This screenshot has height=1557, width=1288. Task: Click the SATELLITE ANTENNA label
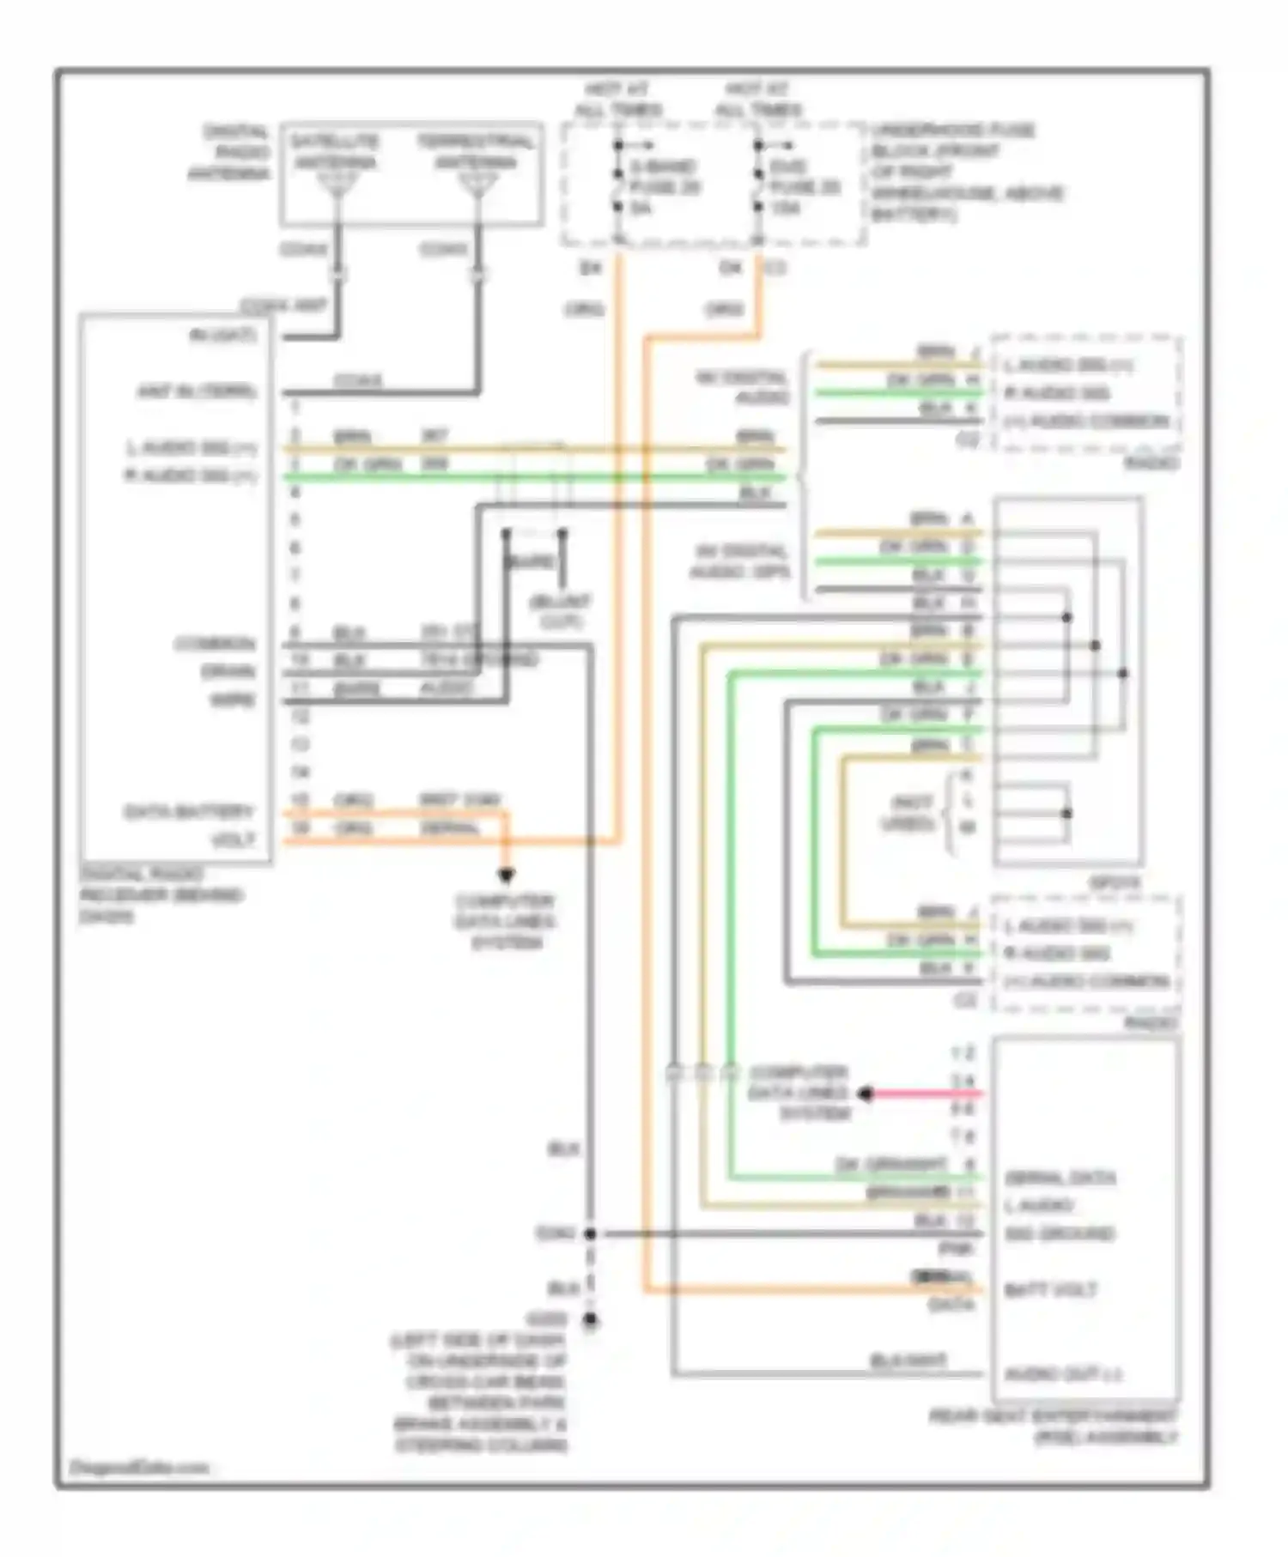tap(333, 152)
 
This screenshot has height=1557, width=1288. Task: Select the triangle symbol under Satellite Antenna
tap(337, 183)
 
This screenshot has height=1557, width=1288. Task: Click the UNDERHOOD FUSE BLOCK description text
tap(965, 172)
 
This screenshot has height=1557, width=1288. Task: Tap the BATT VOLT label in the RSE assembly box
tap(1050, 1290)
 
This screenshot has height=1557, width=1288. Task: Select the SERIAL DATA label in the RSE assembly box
tap(1060, 1178)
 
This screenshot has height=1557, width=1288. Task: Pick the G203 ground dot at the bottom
tap(590, 1320)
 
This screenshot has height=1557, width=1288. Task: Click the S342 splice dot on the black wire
tap(590, 1234)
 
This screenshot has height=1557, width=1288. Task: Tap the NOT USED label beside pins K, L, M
tap(911, 813)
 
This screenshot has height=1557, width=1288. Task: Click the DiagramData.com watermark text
tap(138, 1467)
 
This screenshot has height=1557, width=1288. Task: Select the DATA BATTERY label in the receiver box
tap(189, 811)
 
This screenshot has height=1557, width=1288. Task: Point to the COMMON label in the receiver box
tap(215, 644)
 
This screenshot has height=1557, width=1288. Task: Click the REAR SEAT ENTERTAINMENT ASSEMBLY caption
tap(1054, 1427)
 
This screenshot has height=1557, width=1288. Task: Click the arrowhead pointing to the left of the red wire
tap(866, 1094)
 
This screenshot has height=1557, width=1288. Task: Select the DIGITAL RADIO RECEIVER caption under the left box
tap(161, 895)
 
